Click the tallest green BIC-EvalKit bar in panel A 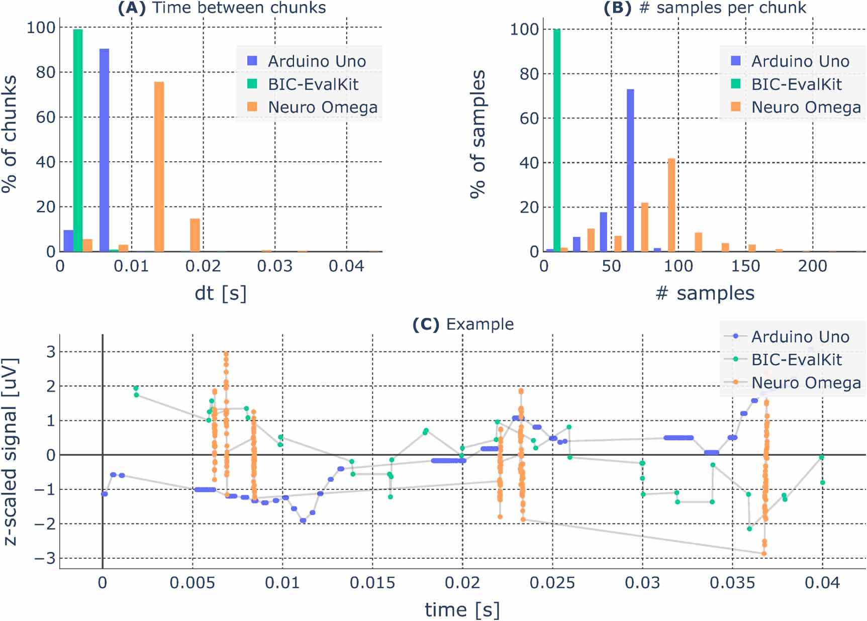[78, 141]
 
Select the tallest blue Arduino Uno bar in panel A [104, 151]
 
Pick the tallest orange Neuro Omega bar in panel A [159, 167]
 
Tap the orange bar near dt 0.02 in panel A [195, 235]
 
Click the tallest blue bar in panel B [630, 171]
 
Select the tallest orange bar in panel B [671, 205]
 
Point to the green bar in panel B [556, 141]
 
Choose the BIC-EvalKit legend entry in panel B [796, 84]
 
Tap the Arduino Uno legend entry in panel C [799, 337]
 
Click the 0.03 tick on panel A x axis [274, 266]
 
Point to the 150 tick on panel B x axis [745, 266]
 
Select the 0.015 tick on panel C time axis [372, 583]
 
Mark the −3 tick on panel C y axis [45, 558]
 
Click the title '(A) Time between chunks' [222, 8]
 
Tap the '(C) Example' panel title [463, 324]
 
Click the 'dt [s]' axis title [221, 293]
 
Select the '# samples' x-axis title [705, 293]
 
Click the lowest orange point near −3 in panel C [763, 553]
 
